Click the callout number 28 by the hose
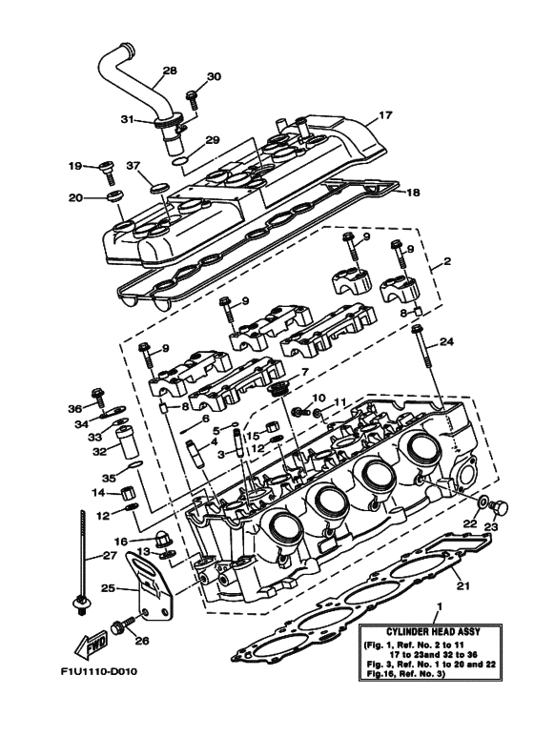click(170, 71)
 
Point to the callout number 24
click(447, 340)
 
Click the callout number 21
click(463, 585)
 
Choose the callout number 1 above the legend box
click(438, 606)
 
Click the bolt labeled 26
click(122, 628)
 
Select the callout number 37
click(133, 164)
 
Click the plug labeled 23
click(505, 504)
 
